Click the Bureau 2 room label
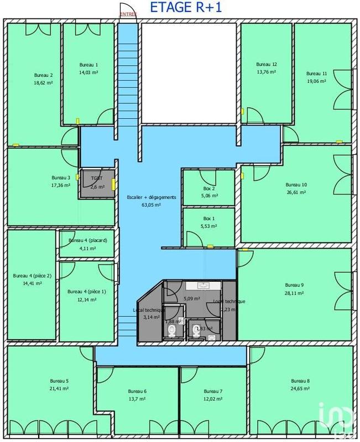point(43,75)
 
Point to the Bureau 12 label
point(267,64)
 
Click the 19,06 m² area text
point(316,81)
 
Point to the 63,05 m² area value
point(151,205)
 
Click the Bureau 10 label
point(296,185)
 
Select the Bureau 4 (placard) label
point(87,241)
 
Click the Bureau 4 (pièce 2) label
point(32,276)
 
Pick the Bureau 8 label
point(300,381)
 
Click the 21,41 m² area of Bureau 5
point(59,389)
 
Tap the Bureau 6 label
point(137,391)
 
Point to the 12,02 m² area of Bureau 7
point(212,399)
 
